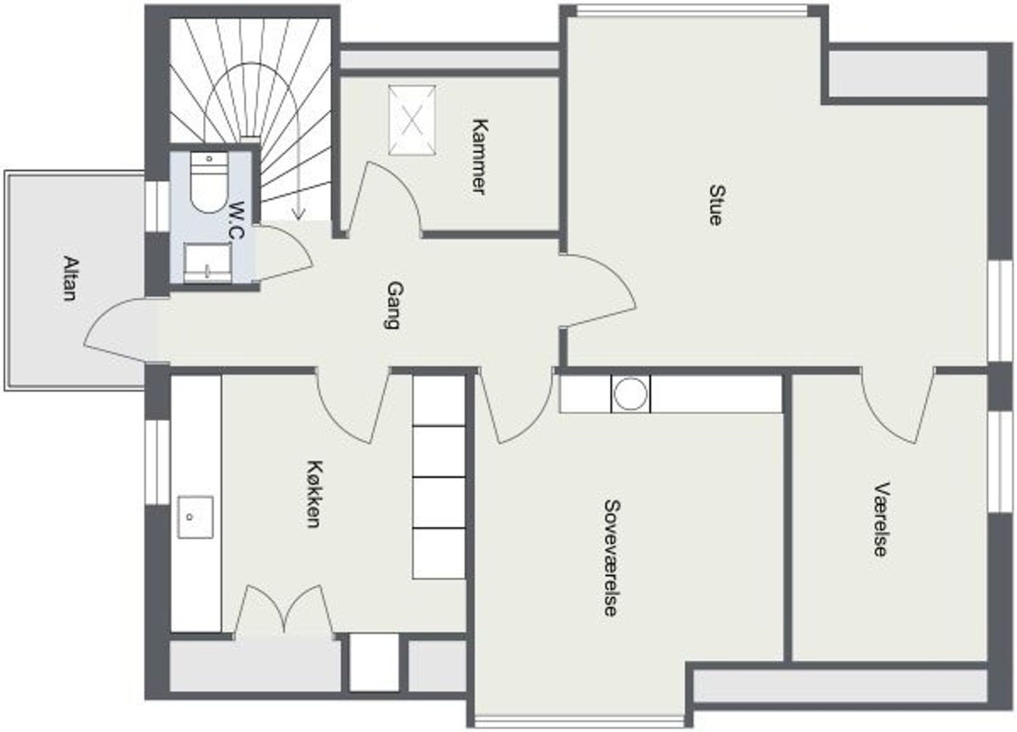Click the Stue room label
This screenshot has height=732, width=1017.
(x=717, y=205)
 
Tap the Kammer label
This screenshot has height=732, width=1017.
(x=480, y=157)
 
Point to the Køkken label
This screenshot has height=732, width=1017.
(x=315, y=494)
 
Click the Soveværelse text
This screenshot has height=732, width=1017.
(x=612, y=558)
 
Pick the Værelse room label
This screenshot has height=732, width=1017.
(x=881, y=520)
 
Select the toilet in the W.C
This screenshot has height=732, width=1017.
(x=209, y=182)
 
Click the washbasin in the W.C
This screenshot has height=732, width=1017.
(x=207, y=262)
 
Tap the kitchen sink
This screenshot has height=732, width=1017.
(x=195, y=517)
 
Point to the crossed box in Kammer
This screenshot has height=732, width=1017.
(x=412, y=120)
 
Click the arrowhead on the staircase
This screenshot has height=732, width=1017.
(x=298, y=213)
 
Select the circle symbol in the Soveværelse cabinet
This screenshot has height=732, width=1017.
(x=630, y=394)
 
